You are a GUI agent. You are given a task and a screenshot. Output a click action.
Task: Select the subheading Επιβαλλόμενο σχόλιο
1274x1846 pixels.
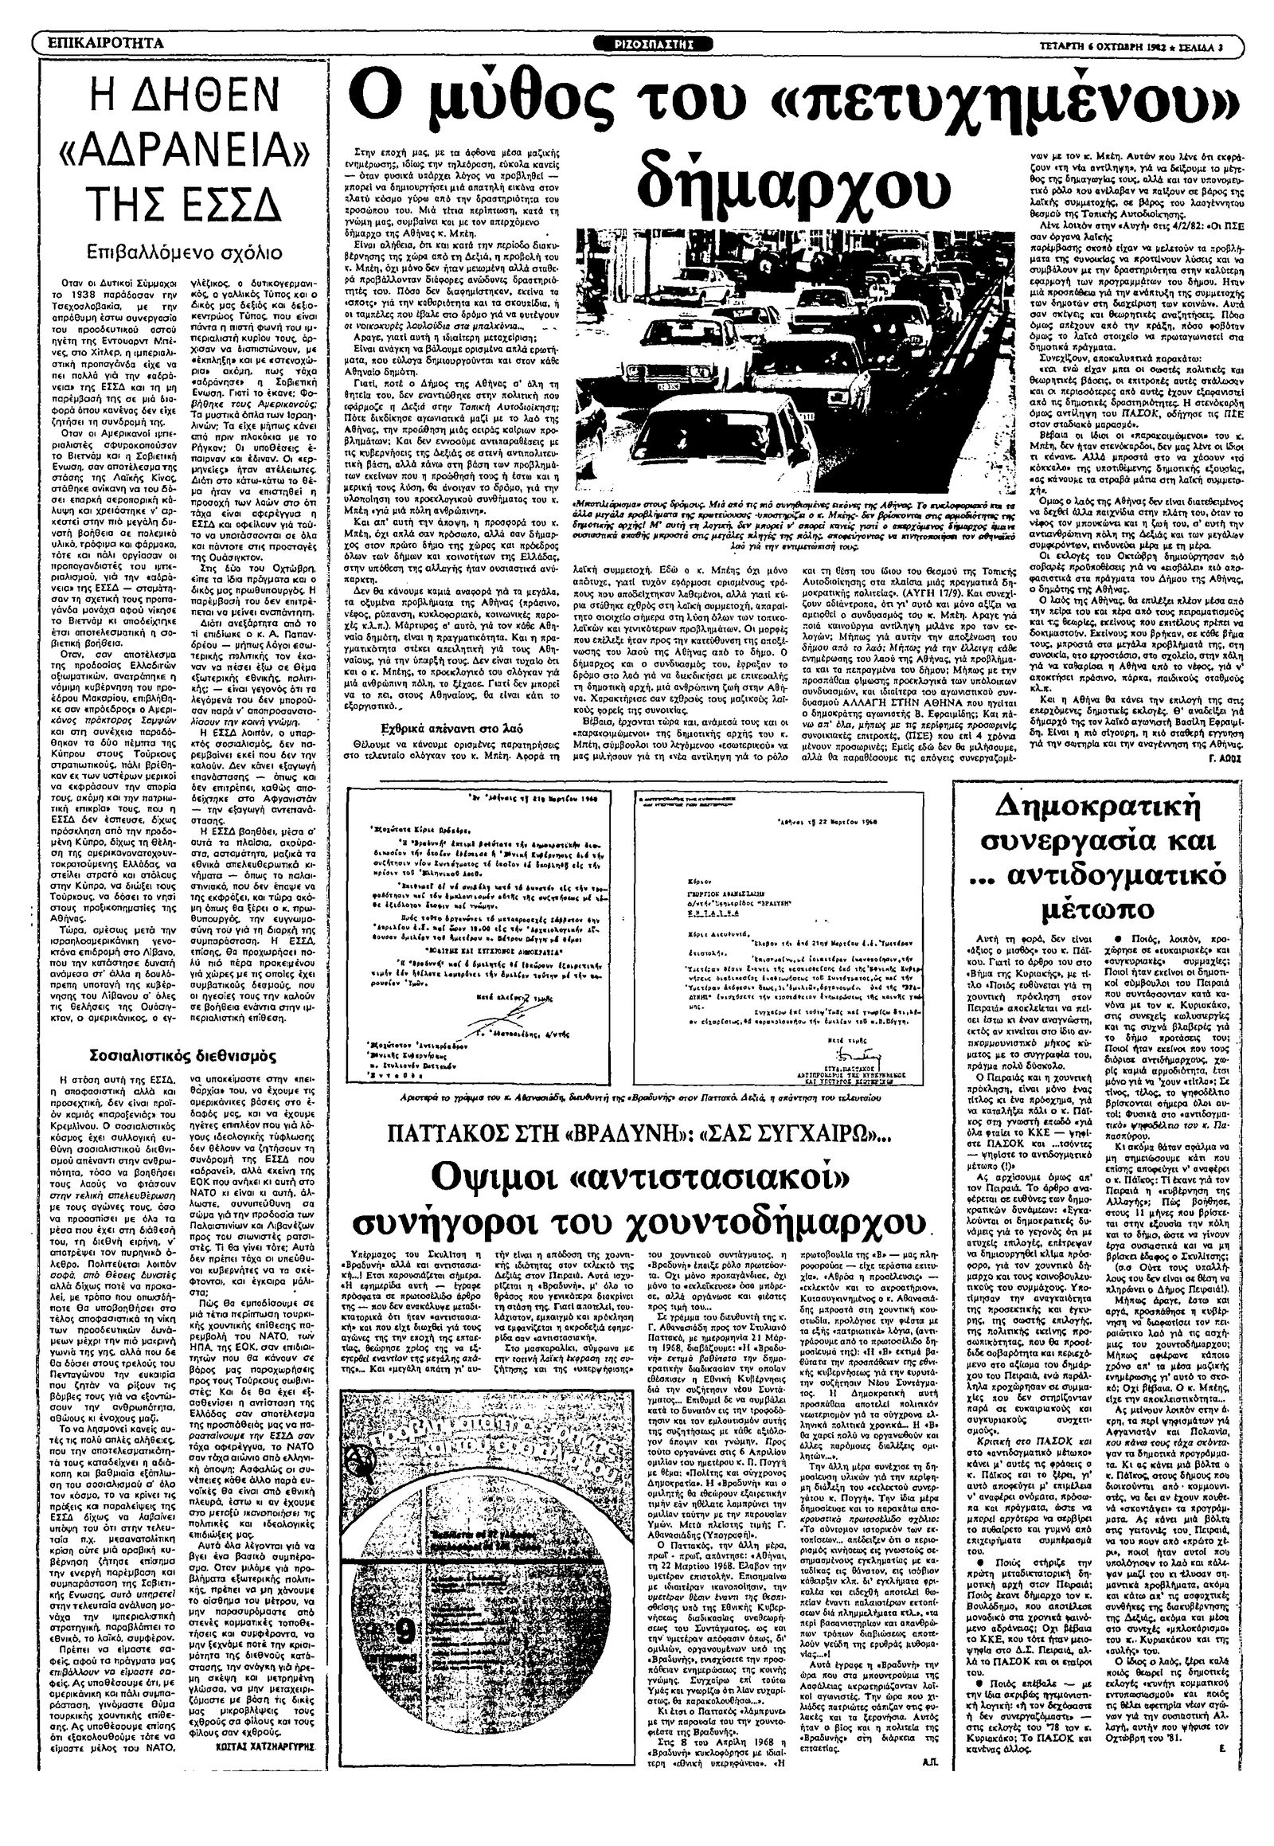pos(185,253)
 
